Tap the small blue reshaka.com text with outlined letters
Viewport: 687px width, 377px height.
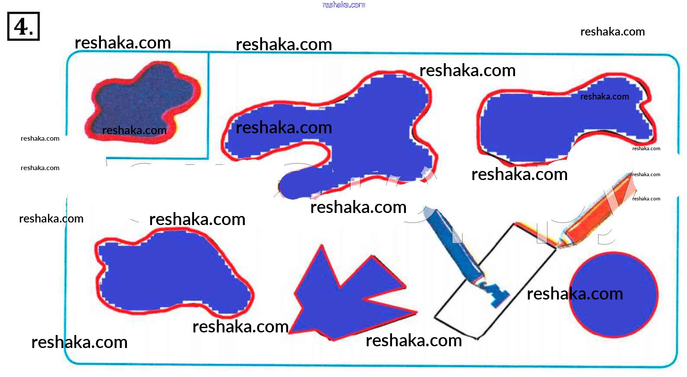[344, 5]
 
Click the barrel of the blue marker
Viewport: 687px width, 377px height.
[450, 242]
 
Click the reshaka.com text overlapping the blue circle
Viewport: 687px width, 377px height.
[575, 294]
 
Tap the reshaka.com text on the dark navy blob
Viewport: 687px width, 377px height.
[134, 130]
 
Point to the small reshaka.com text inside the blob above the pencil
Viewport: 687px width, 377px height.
[604, 97]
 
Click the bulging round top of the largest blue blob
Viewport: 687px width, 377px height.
[399, 91]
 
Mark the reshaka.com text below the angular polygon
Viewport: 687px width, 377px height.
[414, 341]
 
